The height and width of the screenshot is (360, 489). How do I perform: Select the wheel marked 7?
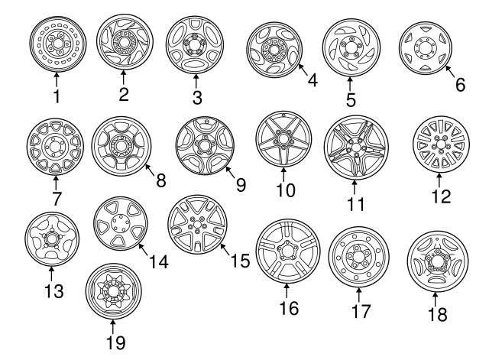[x=57, y=145]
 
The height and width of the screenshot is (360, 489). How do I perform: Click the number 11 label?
[x=355, y=204]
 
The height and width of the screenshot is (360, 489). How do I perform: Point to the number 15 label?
[x=240, y=261]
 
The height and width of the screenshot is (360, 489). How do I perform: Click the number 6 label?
[x=459, y=86]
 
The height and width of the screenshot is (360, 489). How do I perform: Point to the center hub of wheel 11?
[x=355, y=144]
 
